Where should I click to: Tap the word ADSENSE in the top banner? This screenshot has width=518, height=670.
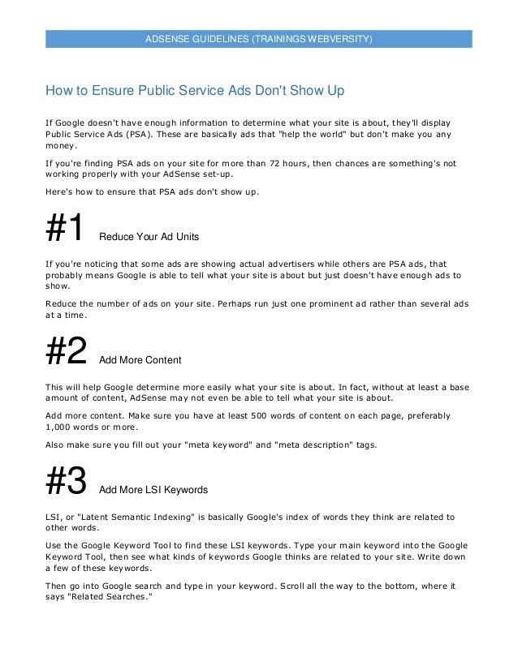(x=164, y=39)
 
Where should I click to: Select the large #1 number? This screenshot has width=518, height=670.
(x=64, y=228)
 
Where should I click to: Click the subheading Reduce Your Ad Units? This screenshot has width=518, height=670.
(x=149, y=237)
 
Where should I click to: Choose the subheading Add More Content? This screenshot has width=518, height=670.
(x=140, y=359)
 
